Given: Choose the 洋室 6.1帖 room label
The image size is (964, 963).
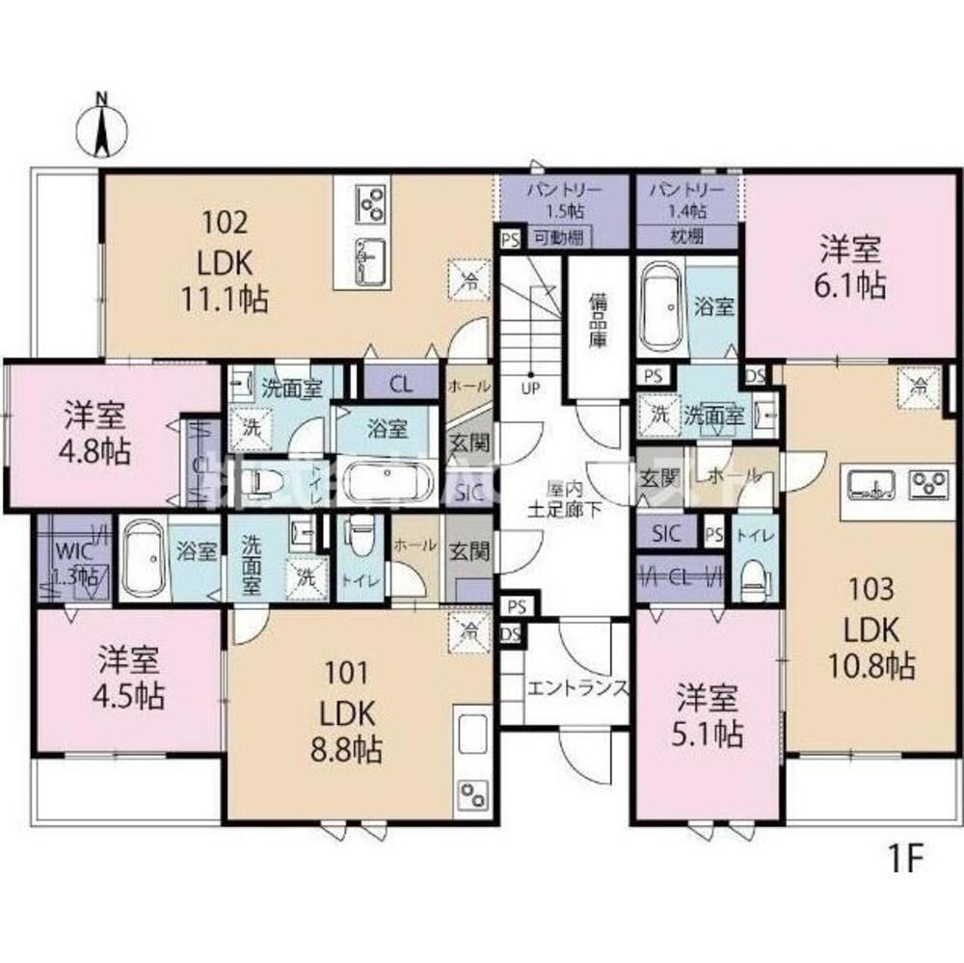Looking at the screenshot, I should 852,267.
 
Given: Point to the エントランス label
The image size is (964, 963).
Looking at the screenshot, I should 577,688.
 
